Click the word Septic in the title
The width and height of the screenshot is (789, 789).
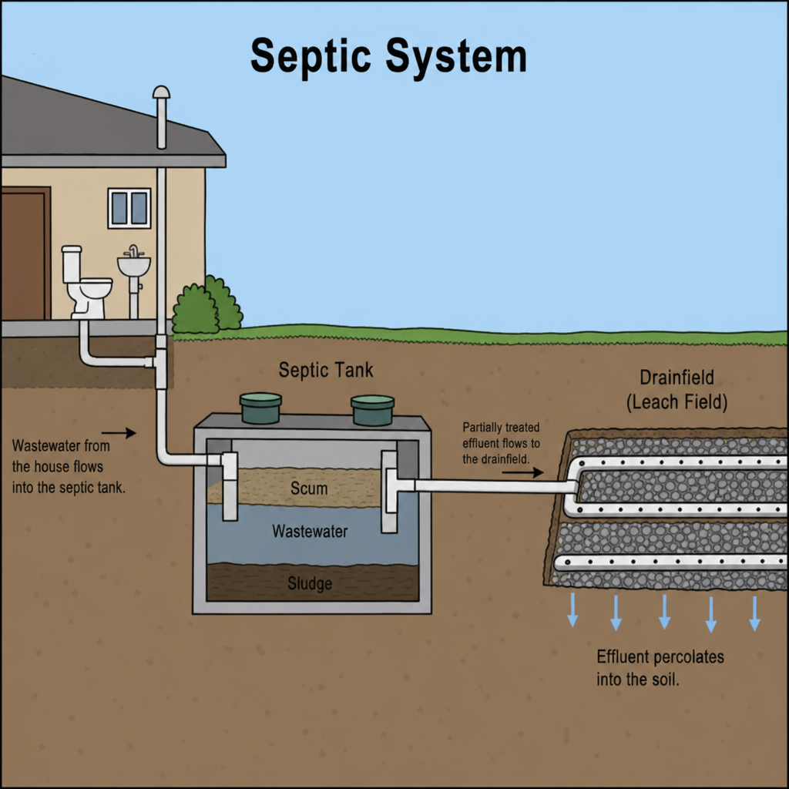tap(311, 57)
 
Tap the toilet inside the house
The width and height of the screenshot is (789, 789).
tap(86, 282)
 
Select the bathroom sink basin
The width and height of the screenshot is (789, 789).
tap(134, 265)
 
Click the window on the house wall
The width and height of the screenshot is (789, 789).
tap(129, 208)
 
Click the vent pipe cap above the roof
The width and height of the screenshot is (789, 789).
tap(162, 92)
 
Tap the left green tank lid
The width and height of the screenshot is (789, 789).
tap(260, 408)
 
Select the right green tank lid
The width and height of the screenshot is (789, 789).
tap(372, 410)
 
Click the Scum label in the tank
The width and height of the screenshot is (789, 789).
tap(309, 488)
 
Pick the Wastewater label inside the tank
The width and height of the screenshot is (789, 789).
tap(310, 532)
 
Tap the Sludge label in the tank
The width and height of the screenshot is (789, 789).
tap(310, 583)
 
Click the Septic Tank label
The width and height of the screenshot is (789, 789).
tap(326, 370)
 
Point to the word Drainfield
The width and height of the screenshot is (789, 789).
tap(677, 378)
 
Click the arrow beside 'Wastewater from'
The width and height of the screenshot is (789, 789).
tap(119, 433)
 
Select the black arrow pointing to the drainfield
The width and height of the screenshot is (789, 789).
tap(523, 472)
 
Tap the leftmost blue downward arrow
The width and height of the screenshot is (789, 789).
tap(572, 610)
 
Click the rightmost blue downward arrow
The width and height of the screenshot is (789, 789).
tap(754, 613)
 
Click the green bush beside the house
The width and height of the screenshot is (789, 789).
tap(206, 305)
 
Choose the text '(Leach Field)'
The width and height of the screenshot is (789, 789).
tap(677, 402)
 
